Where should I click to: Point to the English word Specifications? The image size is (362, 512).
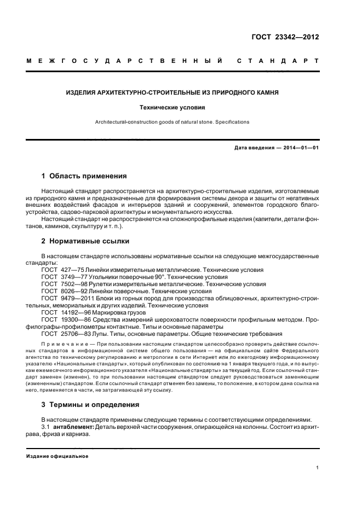[231, 121]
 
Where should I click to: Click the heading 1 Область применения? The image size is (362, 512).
[84, 176]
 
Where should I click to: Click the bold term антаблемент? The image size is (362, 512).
[74, 426]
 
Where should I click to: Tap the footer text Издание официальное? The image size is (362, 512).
[58, 456]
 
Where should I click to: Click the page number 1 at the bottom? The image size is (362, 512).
[318, 468]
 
